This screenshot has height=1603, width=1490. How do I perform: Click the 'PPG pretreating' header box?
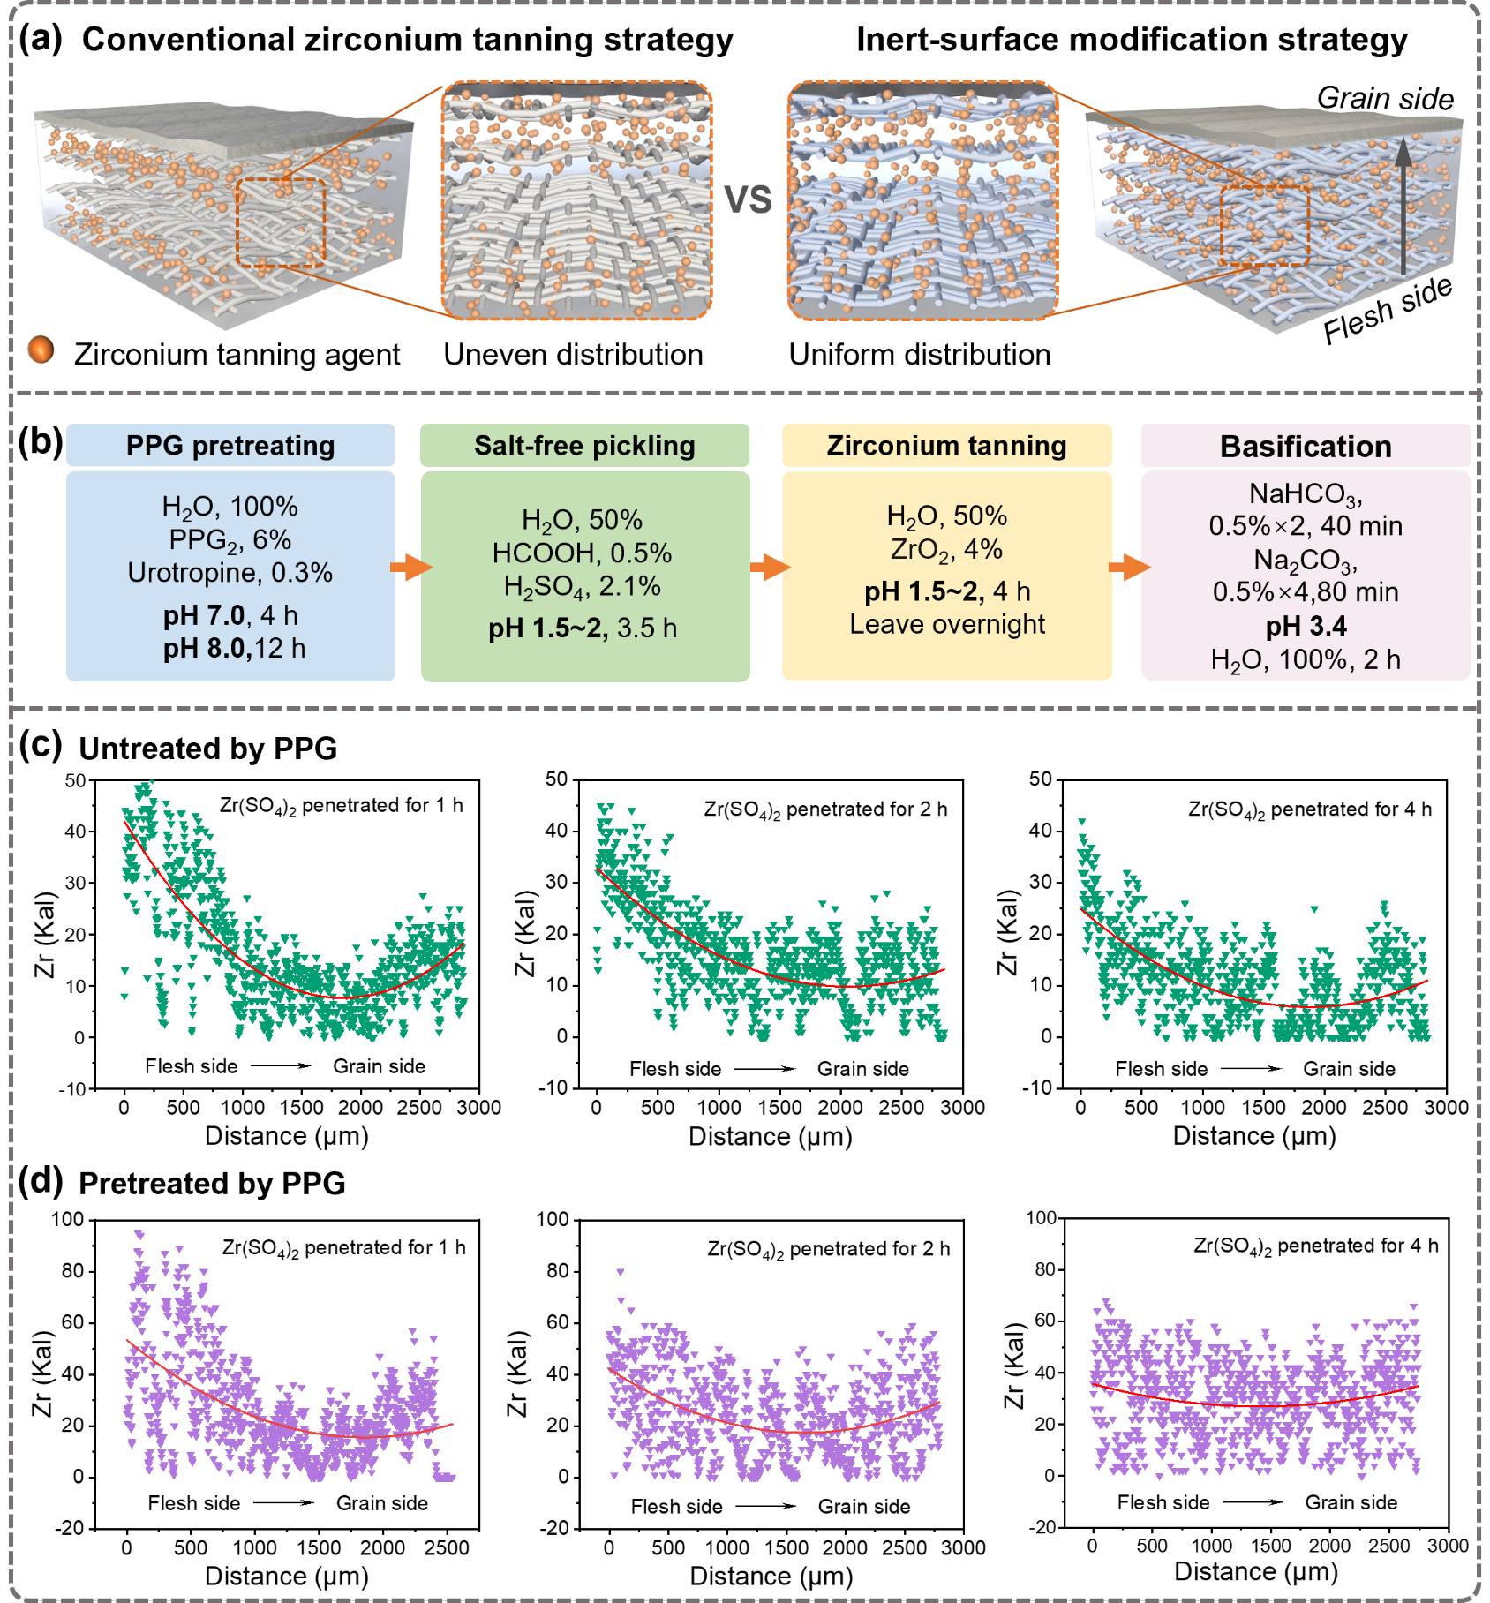click(x=230, y=446)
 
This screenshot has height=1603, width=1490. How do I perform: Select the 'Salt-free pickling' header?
click(x=584, y=446)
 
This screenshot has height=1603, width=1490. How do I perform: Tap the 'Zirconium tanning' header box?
click(x=946, y=446)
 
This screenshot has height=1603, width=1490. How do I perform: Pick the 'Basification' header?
click(x=1306, y=447)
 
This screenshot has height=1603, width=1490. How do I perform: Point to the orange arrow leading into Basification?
click(x=1129, y=567)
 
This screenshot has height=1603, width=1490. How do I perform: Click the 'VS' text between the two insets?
click(x=749, y=199)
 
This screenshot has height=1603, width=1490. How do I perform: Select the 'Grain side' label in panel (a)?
click(x=1385, y=98)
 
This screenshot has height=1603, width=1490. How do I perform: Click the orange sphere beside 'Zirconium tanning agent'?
click(x=41, y=350)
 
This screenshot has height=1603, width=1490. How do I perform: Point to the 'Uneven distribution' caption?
click(x=573, y=355)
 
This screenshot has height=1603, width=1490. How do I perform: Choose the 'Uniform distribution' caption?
click(x=919, y=355)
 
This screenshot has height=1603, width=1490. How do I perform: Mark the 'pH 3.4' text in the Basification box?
click(x=1306, y=626)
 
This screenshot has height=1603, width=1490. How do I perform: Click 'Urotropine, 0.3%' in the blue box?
click(x=230, y=573)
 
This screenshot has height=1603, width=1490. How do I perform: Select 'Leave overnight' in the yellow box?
click(x=946, y=624)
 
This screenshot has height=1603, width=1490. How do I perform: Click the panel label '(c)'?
click(x=41, y=745)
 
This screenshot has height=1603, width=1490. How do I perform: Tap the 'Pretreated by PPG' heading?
click(x=212, y=1183)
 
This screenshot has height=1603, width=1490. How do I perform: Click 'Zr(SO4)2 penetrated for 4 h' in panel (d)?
click(x=1315, y=1246)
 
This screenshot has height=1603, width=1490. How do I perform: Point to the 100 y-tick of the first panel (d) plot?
click(x=68, y=1219)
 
